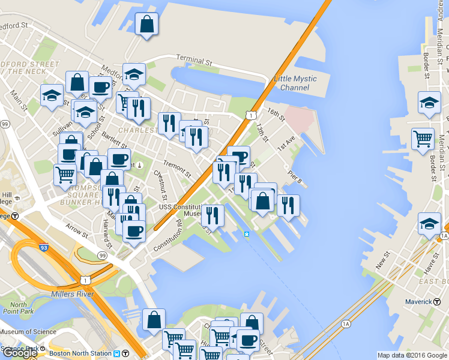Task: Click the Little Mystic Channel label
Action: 294,83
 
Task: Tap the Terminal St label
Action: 194,61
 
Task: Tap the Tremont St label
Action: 177,168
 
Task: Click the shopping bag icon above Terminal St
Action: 147,25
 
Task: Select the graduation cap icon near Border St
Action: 429,103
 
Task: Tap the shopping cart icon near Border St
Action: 423,139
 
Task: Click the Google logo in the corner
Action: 20,353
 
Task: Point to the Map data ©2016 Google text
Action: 412,355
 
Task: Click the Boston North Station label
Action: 81,353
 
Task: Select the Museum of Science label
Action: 28,332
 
